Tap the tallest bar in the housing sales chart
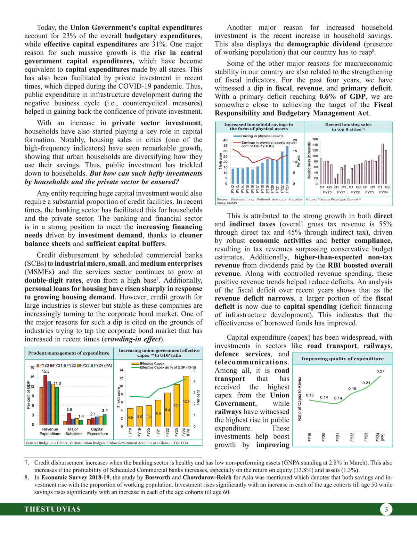pyautogui.click(x=383, y=164)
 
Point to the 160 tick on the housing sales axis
pyautogui.click(x=315, y=139)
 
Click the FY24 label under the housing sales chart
pyautogui.click(x=383, y=192)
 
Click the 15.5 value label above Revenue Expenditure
pyautogui.click(x=46, y=371)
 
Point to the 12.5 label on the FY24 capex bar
pyautogui.click(x=186, y=402)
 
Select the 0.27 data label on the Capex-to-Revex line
pyautogui.click(x=381, y=371)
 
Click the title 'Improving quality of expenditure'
pyautogui.click(x=342, y=358)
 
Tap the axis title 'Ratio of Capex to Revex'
pyautogui.click(x=300, y=398)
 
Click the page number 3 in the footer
pyautogui.click(x=386, y=510)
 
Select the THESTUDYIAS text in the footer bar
pyautogui.click(x=52, y=509)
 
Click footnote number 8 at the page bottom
pyautogui.click(x=26, y=477)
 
